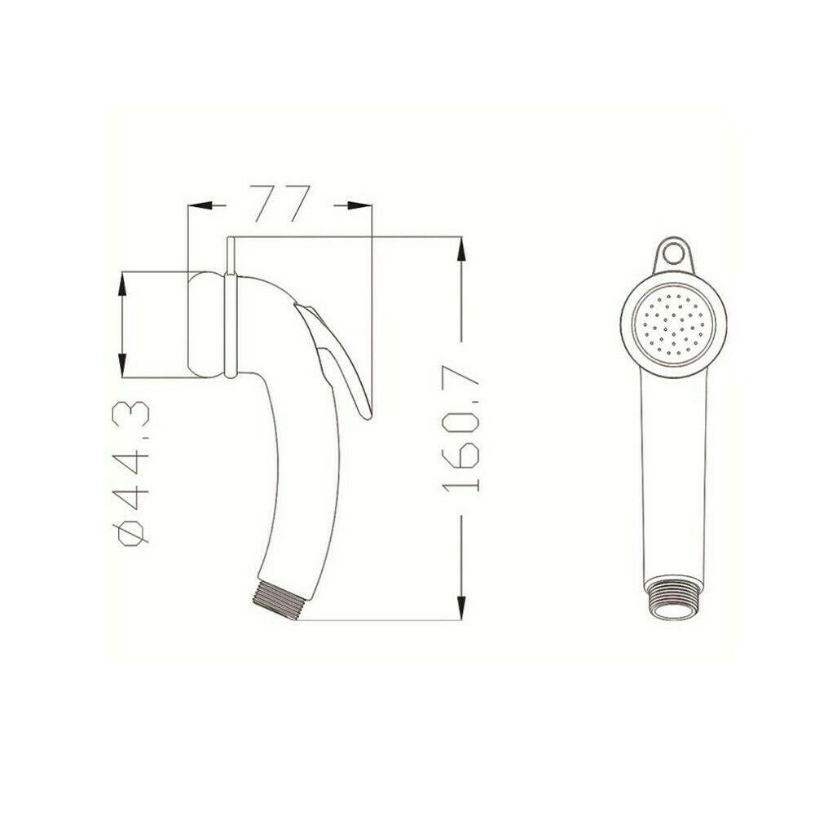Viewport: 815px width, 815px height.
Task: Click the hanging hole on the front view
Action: pyautogui.click(x=673, y=253)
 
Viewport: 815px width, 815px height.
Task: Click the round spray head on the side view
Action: pyautogui.click(x=208, y=324)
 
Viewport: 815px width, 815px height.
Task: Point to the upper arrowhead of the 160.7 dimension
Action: pyautogui.click(x=460, y=249)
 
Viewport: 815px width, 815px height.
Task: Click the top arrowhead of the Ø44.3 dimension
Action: pyautogui.click(x=122, y=282)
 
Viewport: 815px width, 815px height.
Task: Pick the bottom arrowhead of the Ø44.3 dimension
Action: pyautogui.click(x=122, y=367)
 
